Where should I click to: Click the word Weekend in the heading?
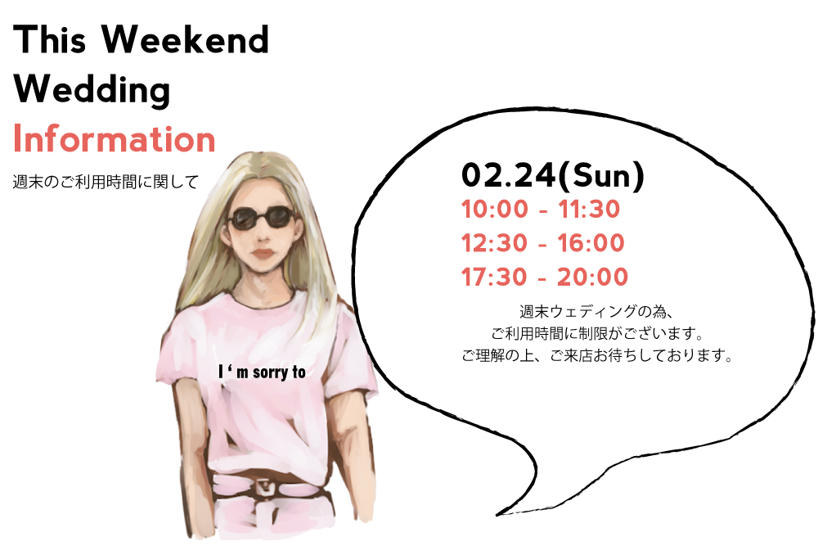pyautogui.click(x=185, y=39)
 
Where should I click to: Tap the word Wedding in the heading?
pyautogui.click(x=92, y=90)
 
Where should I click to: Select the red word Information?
pyautogui.click(x=115, y=139)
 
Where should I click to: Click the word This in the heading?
pyautogui.click(x=50, y=39)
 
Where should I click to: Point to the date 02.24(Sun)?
pyautogui.click(x=553, y=175)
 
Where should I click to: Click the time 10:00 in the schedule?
pyautogui.click(x=495, y=210)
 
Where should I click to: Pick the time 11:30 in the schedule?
pyautogui.click(x=589, y=210)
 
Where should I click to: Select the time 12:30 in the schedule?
pyautogui.click(x=494, y=243)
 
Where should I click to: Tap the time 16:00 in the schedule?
pyautogui.click(x=591, y=243)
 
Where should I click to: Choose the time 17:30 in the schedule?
pyautogui.click(x=494, y=278)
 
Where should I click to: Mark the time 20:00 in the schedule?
pyautogui.click(x=592, y=278)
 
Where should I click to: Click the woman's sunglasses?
pyautogui.click(x=261, y=218)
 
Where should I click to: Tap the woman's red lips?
pyautogui.click(x=264, y=255)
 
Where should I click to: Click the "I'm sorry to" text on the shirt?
pyautogui.click(x=262, y=372)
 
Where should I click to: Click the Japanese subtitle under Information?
pyautogui.click(x=106, y=183)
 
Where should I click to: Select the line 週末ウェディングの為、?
pyautogui.click(x=598, y=312)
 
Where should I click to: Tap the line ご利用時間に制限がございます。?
pyautogui.click(x=598, y=333)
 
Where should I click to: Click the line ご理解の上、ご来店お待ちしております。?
pyautogui.click(x=598, y=355)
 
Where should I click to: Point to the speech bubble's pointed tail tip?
pyautogui.click(x=497, y=515)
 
